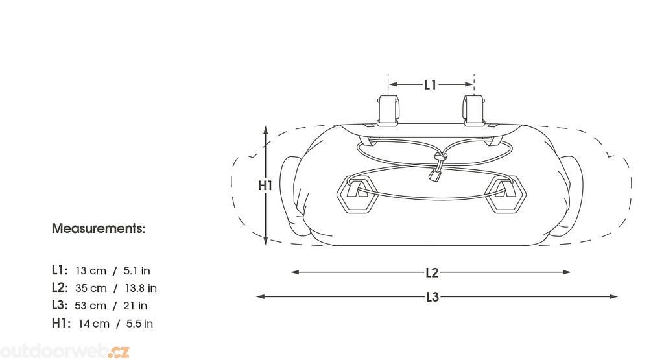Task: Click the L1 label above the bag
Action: [x=431, y=85]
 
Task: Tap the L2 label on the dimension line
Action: [x=432, y=272]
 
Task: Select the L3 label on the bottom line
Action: [x=433, y=297]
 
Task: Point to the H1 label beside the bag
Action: [x=265, y=186]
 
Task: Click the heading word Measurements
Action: [x=99, y=229]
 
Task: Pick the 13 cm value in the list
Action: [x=91, y=270]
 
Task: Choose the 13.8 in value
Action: [x=141, y=289]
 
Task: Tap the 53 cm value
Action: [x=90, y=306]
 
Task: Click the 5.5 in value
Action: [x=140, y=324]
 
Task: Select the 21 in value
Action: [x=135, y=306]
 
